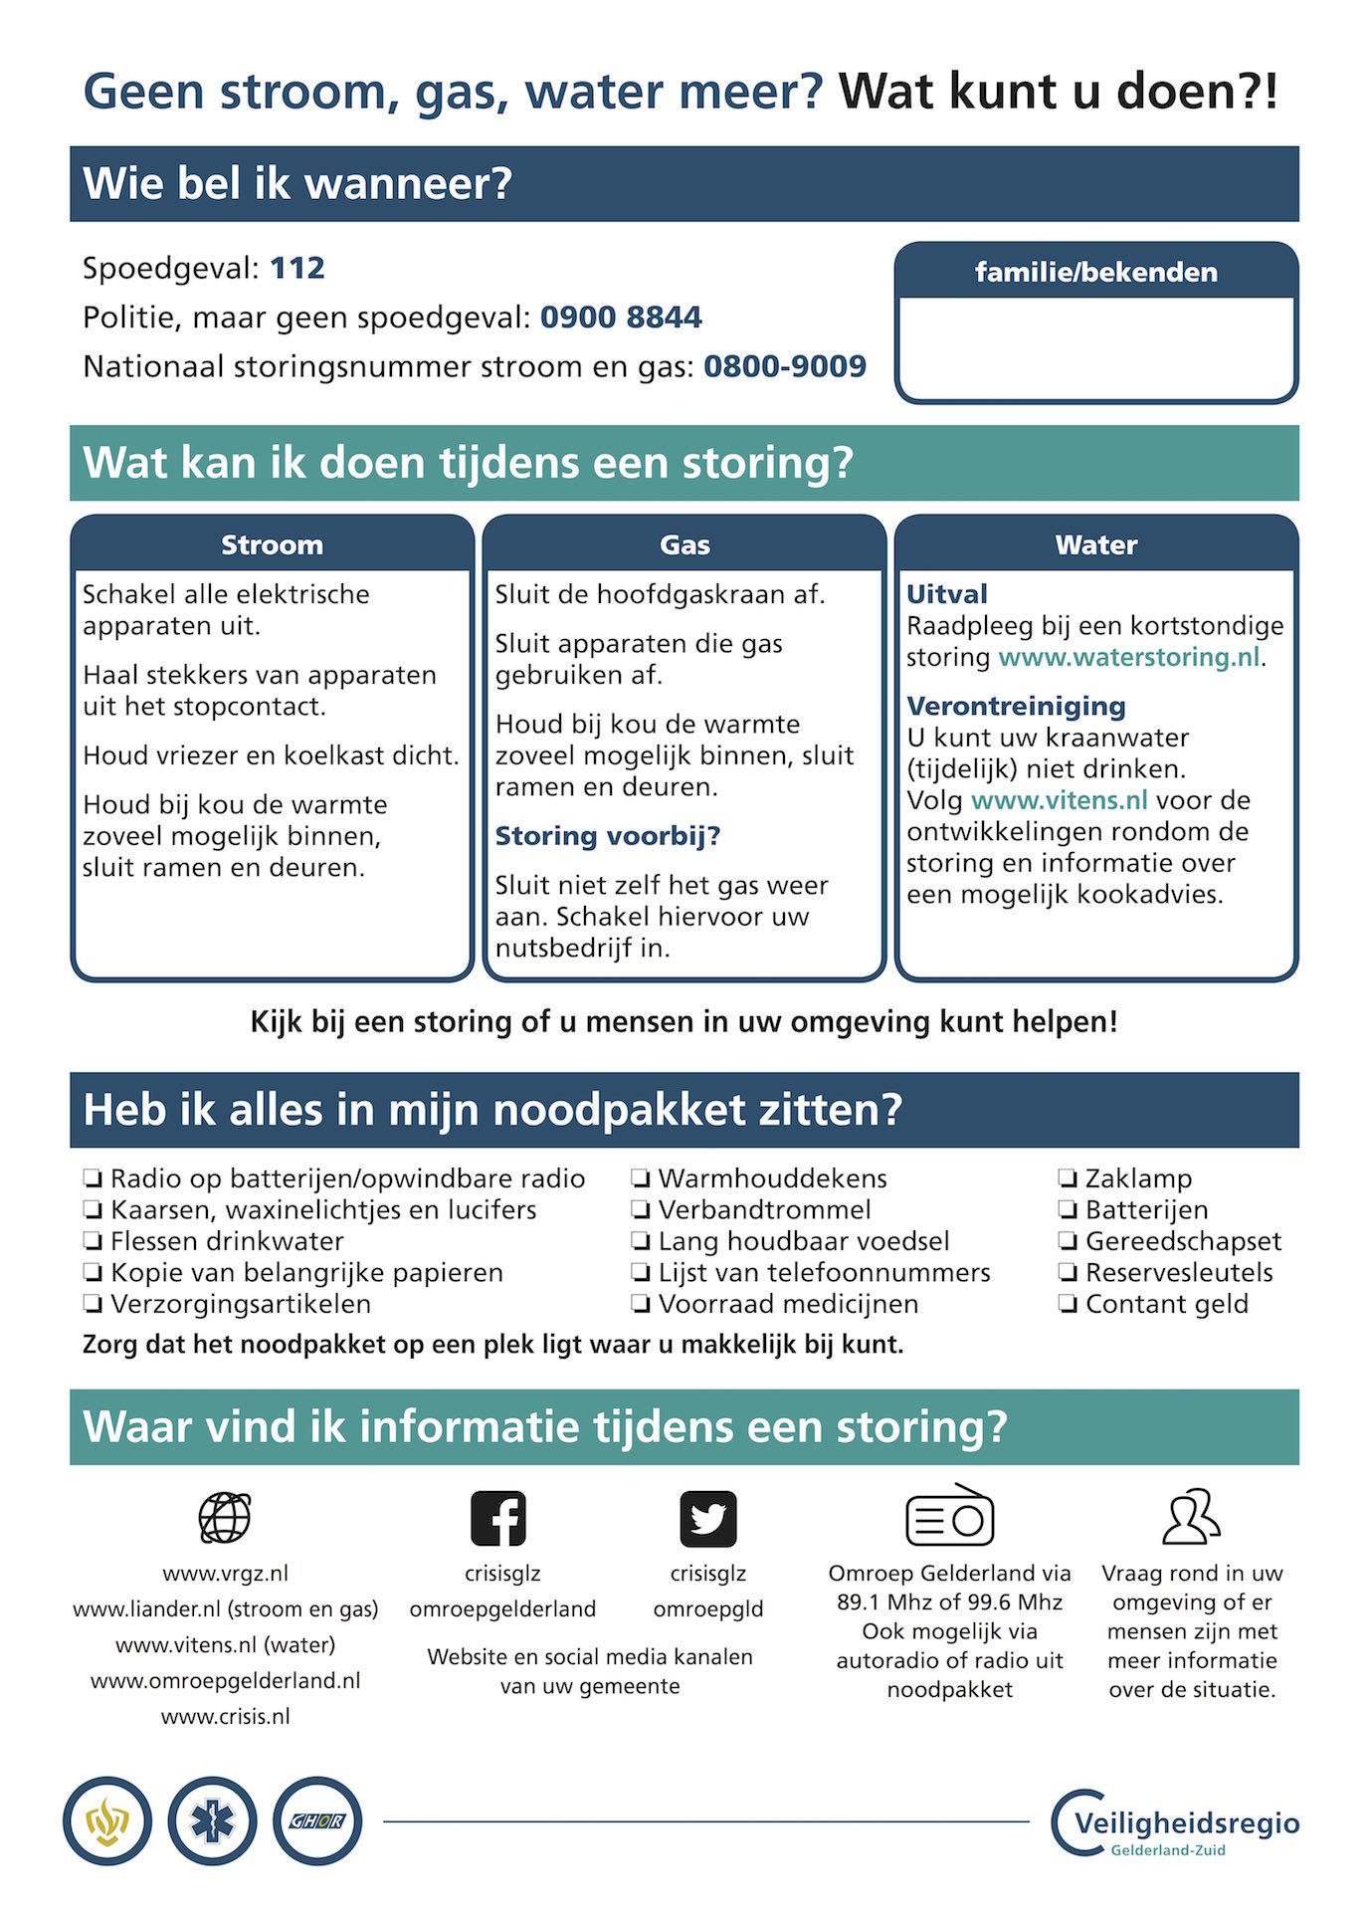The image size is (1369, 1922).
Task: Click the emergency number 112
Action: point(297,268)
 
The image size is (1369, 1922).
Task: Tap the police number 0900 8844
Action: point(621,318)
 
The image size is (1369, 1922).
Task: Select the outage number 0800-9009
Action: point(785,366)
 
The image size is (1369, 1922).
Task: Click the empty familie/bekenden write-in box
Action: point(1095,347)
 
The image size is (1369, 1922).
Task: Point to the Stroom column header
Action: point(272,544)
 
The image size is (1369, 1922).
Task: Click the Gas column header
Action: point(684,544)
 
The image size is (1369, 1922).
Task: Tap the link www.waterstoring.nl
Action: point(1128,657)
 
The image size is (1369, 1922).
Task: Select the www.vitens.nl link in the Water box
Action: point(1059,800)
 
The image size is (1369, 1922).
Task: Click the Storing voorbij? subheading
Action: point(607,836)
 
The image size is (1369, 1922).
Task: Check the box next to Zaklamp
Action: point(1068,1179)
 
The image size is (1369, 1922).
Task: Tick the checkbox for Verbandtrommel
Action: point(641,1210)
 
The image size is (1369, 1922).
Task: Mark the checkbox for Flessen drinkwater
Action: point(93,1242)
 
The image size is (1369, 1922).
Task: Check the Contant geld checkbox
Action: point(1068,1305)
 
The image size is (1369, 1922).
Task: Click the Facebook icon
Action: point(497,1518)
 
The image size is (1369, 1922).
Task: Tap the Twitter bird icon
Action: point(707,1518)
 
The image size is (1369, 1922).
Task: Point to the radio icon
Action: point(949,1516)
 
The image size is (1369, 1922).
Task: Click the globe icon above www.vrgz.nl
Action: point(225,1518)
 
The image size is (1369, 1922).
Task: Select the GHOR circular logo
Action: point(317,1820)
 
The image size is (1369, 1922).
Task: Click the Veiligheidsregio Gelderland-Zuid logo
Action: point(1175,1823)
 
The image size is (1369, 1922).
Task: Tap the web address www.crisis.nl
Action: point(226,1716)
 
